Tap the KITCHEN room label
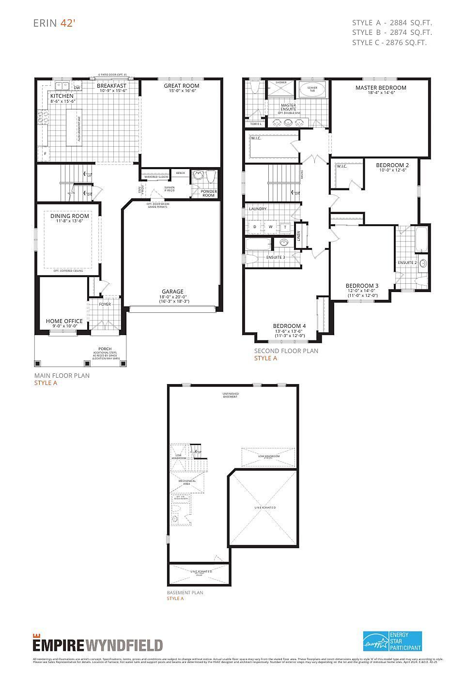point(62,96)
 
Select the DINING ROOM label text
point(70,216)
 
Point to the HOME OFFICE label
point(64,321)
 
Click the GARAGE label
point(172,292)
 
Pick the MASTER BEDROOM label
point(381,88)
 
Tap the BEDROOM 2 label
point(392,165)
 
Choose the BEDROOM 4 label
point(289,325)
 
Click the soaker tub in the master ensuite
point(312,90)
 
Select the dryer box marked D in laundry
point(255,227)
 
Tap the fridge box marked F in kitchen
point(45,154)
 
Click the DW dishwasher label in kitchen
point(77,88)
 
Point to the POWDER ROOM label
point(208,193)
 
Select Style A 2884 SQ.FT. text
point(392,23)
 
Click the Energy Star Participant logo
point(392,641)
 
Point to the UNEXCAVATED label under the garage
point(265,508)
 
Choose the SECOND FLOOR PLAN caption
point(286,351)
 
